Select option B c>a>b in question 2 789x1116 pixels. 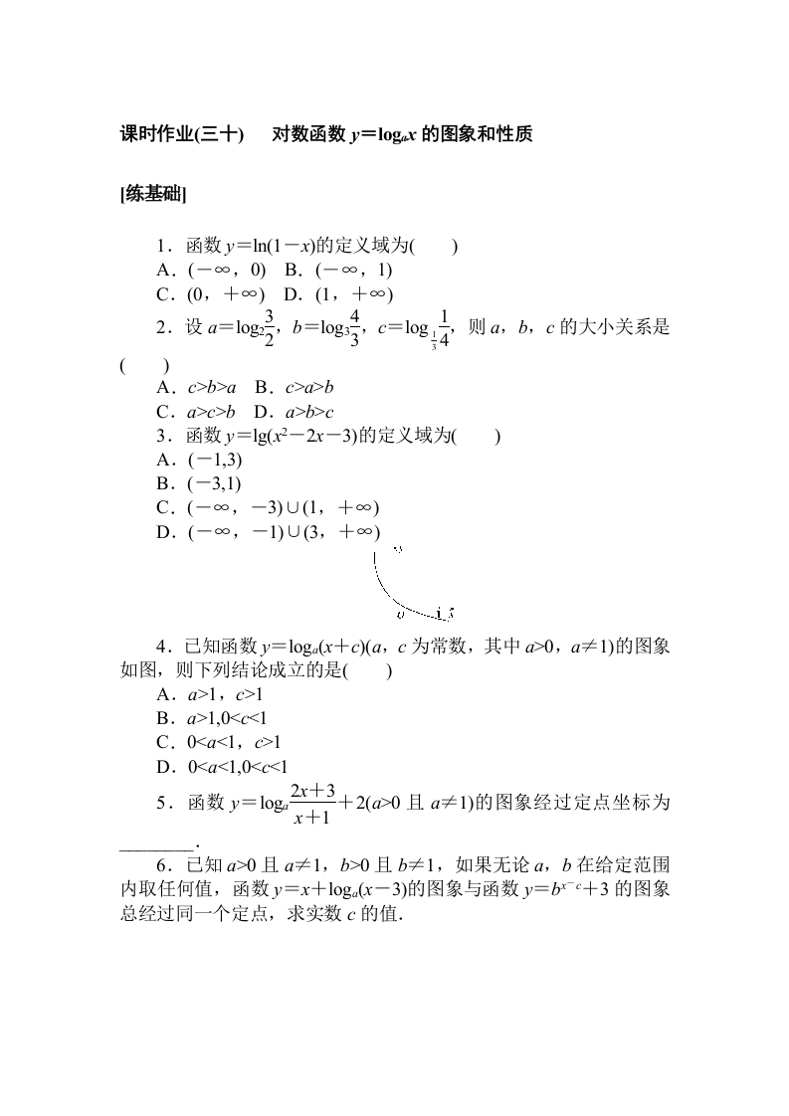(x=293, y=388)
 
